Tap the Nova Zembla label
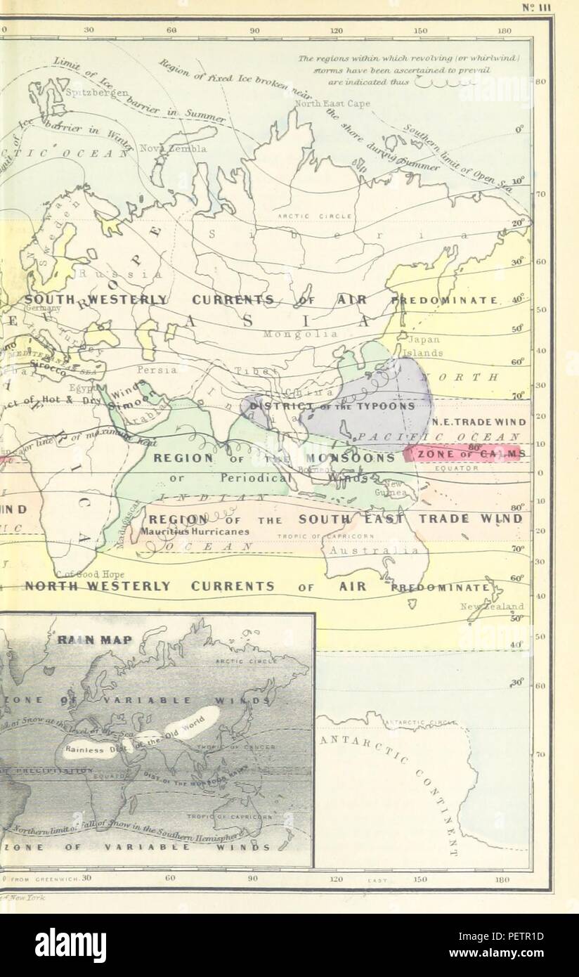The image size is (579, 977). point(173,149)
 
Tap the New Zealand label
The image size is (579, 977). point(493,606)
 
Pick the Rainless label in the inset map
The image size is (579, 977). point(84,749)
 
